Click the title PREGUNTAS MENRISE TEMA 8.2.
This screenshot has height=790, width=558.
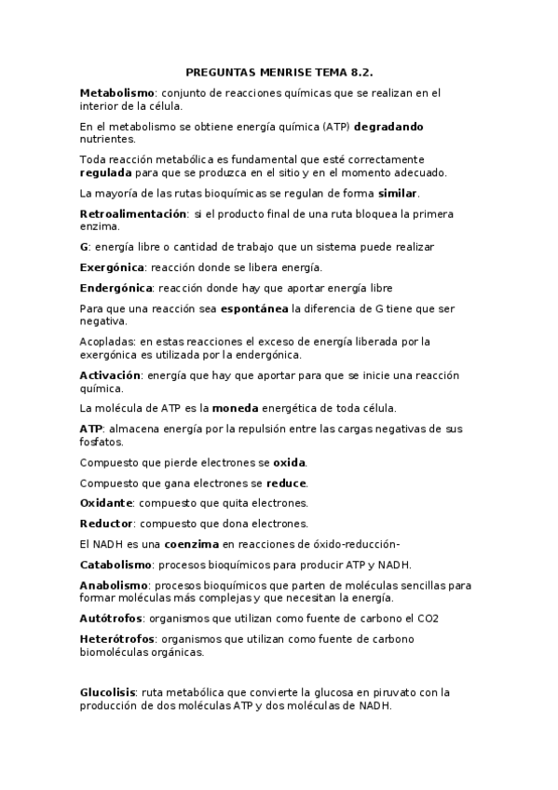(279, 71)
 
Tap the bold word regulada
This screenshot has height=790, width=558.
(105, 172)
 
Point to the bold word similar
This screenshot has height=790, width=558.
(398, 193)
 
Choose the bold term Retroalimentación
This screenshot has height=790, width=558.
(133, 213)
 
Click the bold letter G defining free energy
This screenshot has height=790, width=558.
(84, 247)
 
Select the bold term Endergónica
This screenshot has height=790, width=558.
(116, 288)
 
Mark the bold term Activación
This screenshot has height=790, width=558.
(110, 375)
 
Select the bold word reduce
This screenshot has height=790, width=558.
(286, 483)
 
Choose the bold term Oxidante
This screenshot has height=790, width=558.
(105, 503)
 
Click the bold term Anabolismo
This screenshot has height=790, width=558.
(114, 585)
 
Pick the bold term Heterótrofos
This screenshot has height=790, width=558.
(116, 639)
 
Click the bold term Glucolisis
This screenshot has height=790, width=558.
(108, 693)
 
